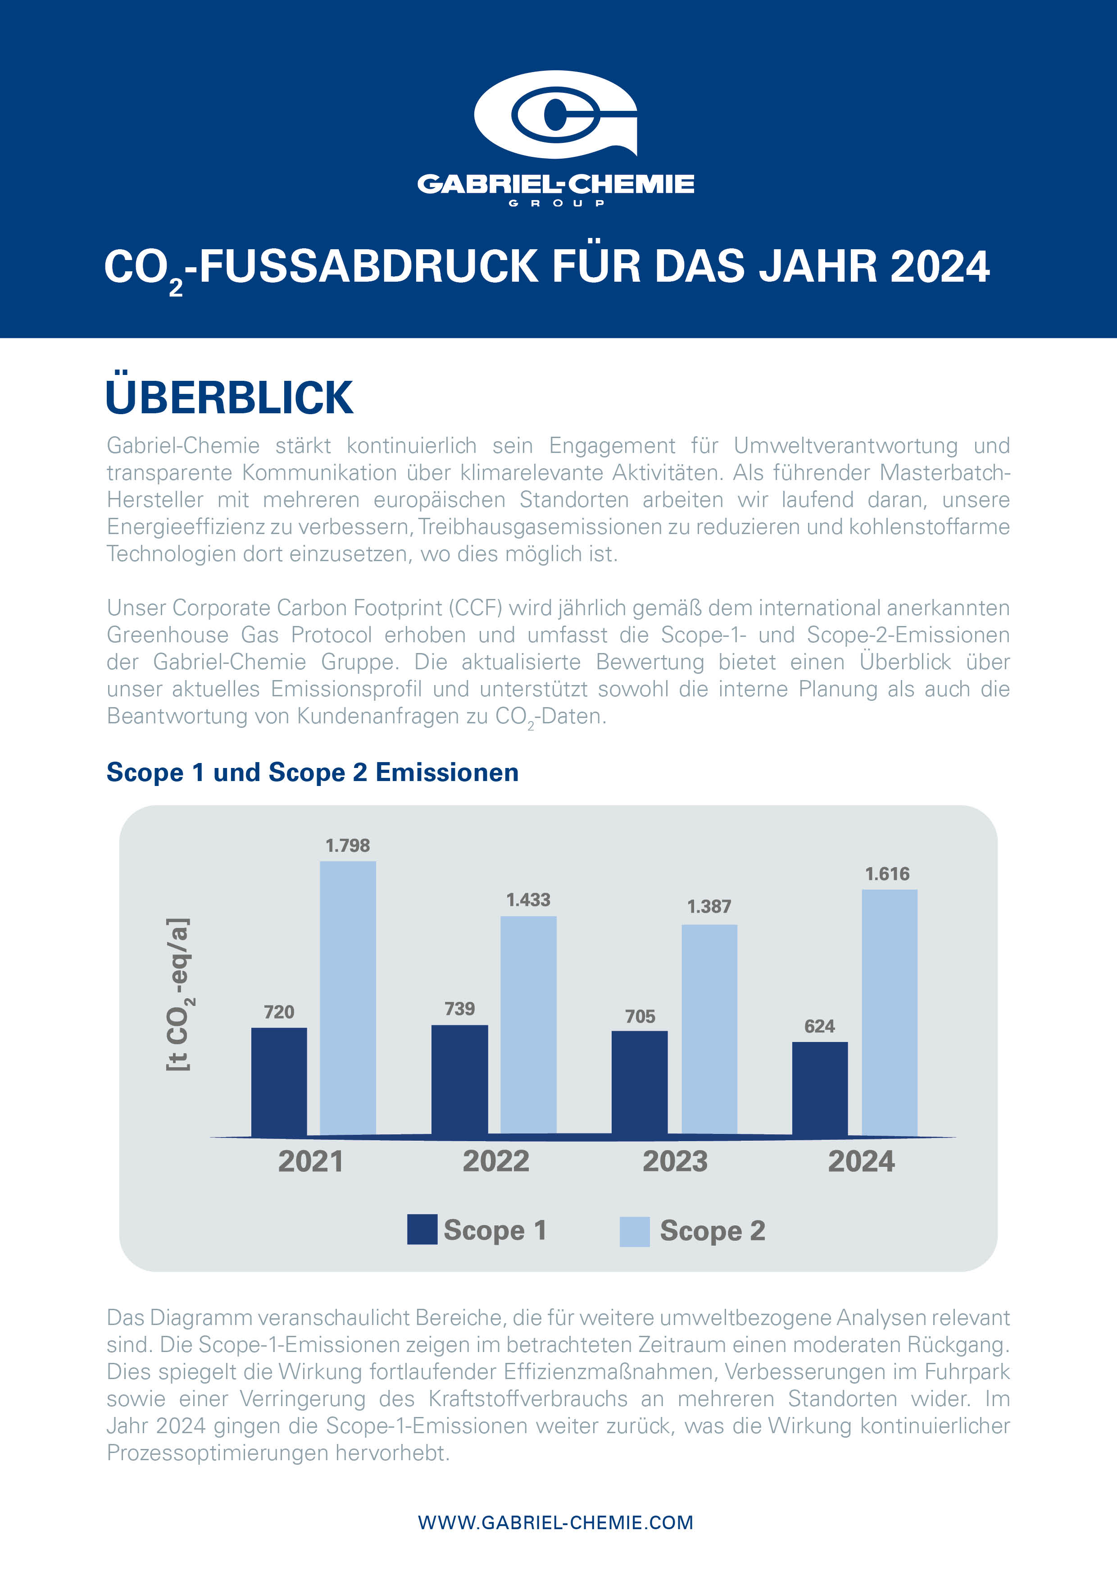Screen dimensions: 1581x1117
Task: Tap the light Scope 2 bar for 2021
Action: click(348, 998)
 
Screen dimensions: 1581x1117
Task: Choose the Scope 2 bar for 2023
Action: click(709, 1029)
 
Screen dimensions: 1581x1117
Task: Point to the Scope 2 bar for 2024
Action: click(889, 1012)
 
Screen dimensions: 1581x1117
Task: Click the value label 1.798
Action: click(348, 845)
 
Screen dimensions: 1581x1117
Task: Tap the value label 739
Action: click(459, 1009)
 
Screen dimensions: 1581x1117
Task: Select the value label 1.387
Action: click(709, 907)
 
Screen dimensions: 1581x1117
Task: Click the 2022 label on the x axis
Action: click(495, 1162)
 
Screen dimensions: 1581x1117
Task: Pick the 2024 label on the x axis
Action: click(861, 1162)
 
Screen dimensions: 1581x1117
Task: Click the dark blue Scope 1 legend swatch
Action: click(422, 1230)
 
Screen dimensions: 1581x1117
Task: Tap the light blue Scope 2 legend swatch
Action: click(635, 1231)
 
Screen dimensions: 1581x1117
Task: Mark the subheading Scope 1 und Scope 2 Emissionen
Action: click(313, 772)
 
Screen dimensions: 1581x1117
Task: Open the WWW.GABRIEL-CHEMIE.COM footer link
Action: click(555, 1522)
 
